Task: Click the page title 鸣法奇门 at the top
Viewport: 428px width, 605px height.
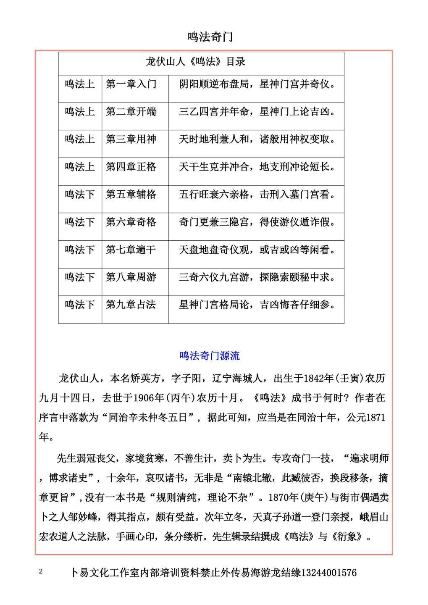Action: tap(210, 37)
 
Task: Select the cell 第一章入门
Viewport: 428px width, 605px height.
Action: tap(131, 84)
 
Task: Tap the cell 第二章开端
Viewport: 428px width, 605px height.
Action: tap(131, 112)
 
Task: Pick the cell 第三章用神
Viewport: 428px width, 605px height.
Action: tap(131, 139)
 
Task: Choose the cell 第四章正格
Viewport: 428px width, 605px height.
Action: tap(131, 167)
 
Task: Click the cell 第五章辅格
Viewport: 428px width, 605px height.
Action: tap(131, 195)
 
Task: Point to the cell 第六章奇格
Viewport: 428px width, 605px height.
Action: tap(131, 222)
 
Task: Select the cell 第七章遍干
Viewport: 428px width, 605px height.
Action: tap(131, 250)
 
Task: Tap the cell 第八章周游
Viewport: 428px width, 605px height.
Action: tap(131, 277)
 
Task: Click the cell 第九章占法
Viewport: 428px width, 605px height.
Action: tap(131, 305)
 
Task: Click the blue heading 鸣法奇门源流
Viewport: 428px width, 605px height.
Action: tap(210, 356)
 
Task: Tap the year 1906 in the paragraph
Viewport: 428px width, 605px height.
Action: tap(145, 397)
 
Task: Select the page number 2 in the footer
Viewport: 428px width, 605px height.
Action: tap(41, 571)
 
